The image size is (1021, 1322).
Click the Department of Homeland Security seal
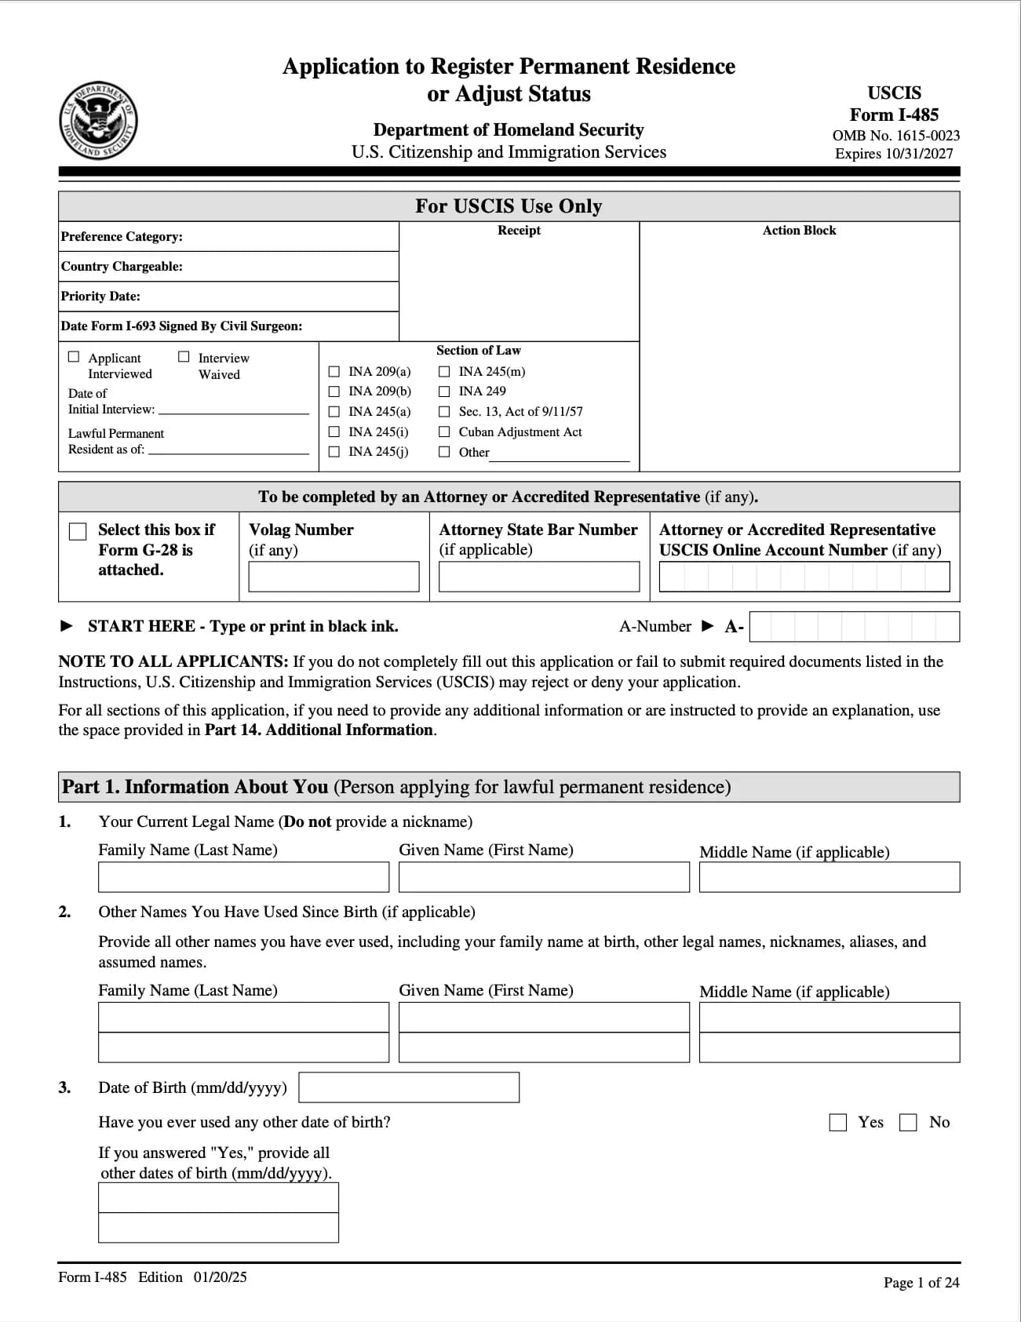98,121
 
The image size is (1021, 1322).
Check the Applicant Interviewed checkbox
74,357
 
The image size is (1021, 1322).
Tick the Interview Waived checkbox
184,357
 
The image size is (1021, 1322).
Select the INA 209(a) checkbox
334,372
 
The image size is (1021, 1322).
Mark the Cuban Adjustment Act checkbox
444,432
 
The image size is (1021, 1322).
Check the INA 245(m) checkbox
444,372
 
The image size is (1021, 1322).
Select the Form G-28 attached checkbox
78,531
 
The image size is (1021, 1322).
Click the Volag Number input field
334,577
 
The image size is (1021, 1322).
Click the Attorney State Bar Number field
539,577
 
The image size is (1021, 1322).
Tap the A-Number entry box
854,627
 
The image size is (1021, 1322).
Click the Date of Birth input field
409,1087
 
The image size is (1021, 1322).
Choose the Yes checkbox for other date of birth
838,1123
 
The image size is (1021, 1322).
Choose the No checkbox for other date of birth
908,1123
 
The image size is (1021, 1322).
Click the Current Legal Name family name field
243,877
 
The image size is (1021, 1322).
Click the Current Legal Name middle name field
829,877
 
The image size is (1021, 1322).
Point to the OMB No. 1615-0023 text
895,136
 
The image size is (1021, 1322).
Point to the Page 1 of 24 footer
921,1283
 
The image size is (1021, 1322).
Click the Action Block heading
799,231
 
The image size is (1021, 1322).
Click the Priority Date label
100,297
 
